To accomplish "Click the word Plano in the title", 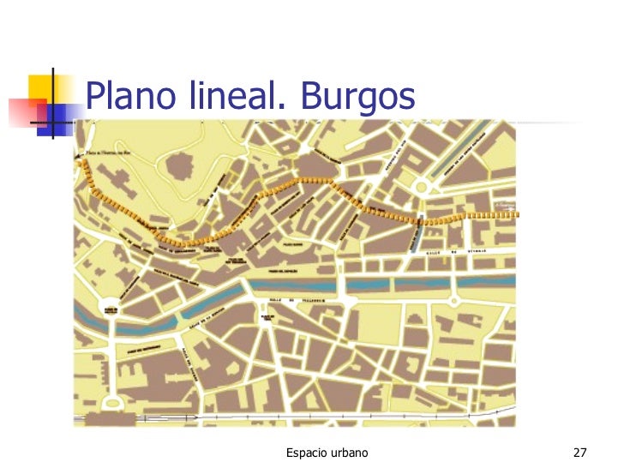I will (x=129, y=98).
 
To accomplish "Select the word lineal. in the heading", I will (x=232, y=98).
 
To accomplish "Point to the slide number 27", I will (x=579, y=452).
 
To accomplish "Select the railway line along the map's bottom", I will (x=291, y=419).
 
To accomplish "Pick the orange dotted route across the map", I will (x=300, y=181).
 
